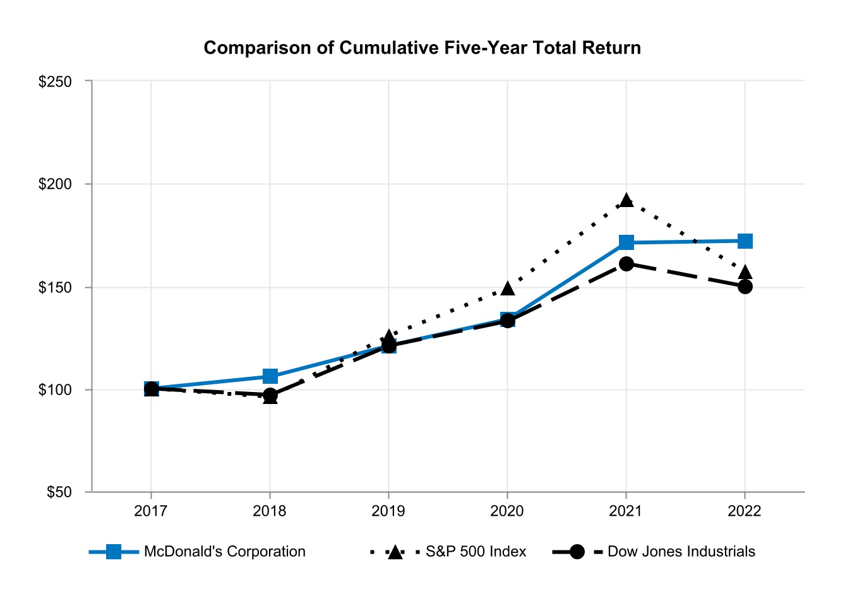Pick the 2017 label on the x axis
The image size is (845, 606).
pyautogui.click(x=151, y=511)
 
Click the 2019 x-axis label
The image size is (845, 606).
pyautogui.click(x=388, y=511)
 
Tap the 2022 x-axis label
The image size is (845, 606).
pyautogui.click(x=745, y=511)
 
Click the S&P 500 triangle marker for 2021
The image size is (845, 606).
pyautogui.click(x=626, y=201)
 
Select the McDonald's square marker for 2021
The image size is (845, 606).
pyautogui.click(x=626, y=242)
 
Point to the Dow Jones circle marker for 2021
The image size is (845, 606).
pyautogui.click(x=626, y=264)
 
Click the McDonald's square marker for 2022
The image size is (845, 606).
pyautogui.click(x=745, y=241)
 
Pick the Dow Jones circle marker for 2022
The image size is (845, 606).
pyautogui.click(x=745, y=287)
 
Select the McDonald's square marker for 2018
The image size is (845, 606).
pyautogui.click(x=270, y=376)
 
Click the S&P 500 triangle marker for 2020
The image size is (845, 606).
pyautogui.click(x=507, y=288)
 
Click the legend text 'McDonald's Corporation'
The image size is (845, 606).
pyautogui.click(x=224, y=552)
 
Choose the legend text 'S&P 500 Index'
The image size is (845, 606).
pyautogui.click(x=476, y=552)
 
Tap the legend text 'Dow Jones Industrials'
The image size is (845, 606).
pyautogui.click(x=681, y=552)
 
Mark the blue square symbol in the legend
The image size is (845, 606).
pyautogui.click(x=114, y=552)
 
